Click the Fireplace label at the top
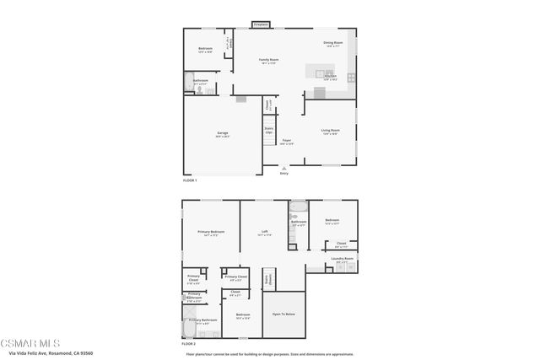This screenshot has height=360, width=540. tap(262, 25)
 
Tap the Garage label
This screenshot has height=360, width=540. tap(223, 134)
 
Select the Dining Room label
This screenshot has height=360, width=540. tap(332, 43)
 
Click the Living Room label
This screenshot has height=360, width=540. tap(330, 131)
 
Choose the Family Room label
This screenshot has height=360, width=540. tap(268, 61)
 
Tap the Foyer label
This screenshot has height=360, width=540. tap(287, 142)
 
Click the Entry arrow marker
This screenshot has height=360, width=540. tap(283, 169)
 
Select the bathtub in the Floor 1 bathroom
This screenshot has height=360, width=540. tap(187, 83)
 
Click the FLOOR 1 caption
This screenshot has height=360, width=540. tap(190, 180)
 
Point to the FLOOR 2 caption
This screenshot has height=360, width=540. tap(189, 344)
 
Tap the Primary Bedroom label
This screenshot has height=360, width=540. tap(211, 233)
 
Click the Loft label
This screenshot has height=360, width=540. tap(264, 233)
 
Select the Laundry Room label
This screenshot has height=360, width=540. tap(342, 260)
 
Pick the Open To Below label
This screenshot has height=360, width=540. tap(283, 314)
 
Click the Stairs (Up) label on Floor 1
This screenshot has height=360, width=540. tap(269, 131)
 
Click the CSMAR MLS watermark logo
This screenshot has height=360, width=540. tap(30, 344)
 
